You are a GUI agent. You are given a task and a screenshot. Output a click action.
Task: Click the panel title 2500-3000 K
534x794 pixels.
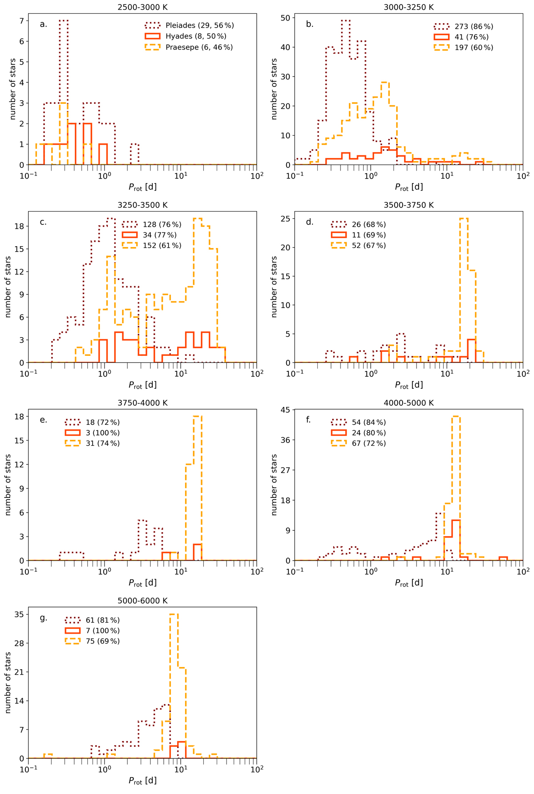click(x=142, y=7)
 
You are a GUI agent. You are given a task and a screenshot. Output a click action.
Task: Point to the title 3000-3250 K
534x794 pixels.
click(x=409, y=7)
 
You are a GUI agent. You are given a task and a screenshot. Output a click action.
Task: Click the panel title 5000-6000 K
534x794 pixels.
click(x=142, y=600)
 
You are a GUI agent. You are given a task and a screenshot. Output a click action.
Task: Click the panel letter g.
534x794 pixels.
click(x=43, y=618)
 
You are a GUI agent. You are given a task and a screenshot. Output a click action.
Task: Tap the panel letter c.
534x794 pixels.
click(x=43, y=222)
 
